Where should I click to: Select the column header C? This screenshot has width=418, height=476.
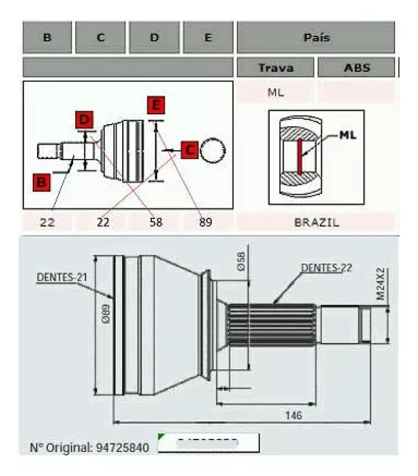coord(100,38)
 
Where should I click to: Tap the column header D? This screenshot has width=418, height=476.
coord(154,38)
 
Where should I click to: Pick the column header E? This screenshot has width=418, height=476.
coord(208,38)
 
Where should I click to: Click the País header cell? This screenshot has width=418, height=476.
coord(316,38)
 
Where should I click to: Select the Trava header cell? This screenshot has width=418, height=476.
coord(276,68)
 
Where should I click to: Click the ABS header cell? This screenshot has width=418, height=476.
coord(356,68)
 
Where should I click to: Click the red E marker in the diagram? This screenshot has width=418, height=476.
coord(155,105)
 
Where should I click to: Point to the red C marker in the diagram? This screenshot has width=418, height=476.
coord(189,150)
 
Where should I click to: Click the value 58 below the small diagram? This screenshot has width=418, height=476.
coord(155,222)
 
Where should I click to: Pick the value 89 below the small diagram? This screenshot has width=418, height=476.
coord(206,222)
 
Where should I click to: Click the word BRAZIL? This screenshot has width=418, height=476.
coord(316,222)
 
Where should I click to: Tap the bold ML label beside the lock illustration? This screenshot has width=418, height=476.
coord(348,135)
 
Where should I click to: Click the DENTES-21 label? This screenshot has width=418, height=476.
coord(59,277)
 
